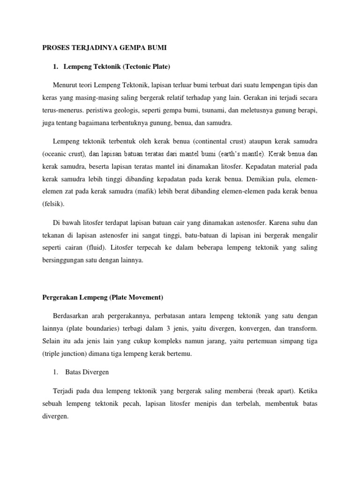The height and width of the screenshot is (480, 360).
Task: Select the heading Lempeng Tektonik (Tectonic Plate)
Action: [116, 67]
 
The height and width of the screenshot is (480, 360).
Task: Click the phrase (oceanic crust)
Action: [64, 153]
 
